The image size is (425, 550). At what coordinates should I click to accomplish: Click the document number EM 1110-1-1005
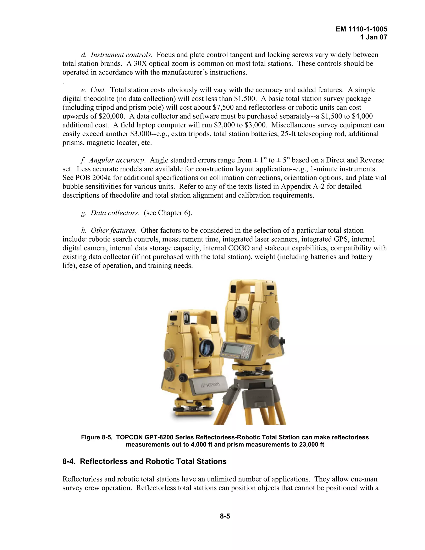tap(361, 29)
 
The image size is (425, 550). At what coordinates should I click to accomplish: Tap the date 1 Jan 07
tap(373, 37)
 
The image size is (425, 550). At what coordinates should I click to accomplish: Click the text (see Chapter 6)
tap(168, 213)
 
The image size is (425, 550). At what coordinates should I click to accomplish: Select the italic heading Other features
tap(114, 230)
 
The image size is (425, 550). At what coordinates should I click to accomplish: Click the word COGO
tap(239, 248)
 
